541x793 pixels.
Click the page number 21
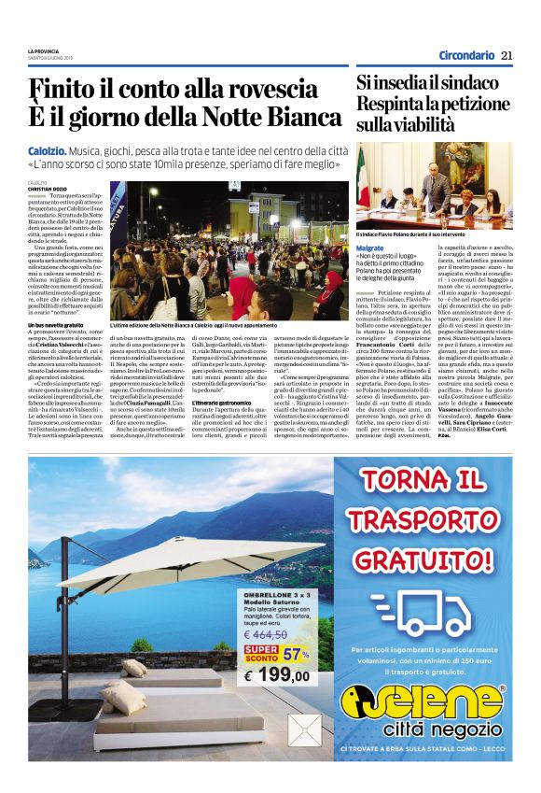(506, 55)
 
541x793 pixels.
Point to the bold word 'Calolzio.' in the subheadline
(50, 150)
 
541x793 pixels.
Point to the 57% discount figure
(296, 651)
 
